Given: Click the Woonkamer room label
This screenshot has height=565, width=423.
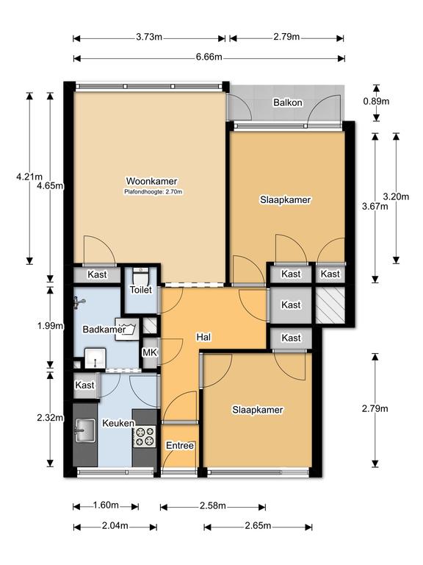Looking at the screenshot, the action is click(x=151, y=181).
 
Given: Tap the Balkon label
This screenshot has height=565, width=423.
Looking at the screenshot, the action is click(x=288, y=103).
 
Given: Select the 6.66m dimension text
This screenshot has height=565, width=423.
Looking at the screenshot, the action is click(x=209, y=57).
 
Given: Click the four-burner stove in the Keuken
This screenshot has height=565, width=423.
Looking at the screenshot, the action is click(x=145, y=436).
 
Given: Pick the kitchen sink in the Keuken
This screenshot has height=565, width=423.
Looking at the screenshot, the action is click(x=85, y=430).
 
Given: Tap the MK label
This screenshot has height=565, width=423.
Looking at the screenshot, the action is click(x=150, y=352).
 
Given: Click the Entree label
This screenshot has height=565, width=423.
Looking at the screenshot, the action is click(x=180, y=446).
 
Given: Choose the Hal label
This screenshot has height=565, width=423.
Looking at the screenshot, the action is click(x=203, y=337).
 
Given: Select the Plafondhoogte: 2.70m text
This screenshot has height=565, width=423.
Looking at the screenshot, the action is click(x=153, y=192).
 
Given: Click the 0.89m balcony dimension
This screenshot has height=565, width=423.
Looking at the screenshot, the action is click(x=376, y=102).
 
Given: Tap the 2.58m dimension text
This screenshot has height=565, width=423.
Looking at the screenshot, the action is click(x=213, y=506).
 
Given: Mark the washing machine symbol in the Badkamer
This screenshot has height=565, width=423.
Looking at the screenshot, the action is click(x=127, y=330).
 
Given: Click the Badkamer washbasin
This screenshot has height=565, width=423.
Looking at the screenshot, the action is click(x=95, y=358).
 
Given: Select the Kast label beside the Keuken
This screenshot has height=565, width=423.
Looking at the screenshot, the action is click(x=85, y=385).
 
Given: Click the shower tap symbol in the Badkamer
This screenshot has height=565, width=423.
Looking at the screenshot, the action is click(x=79, y=302).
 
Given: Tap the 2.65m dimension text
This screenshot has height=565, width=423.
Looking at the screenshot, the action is click(x=258, y=526).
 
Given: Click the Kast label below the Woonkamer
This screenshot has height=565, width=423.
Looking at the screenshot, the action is click(x=97, y=274).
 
